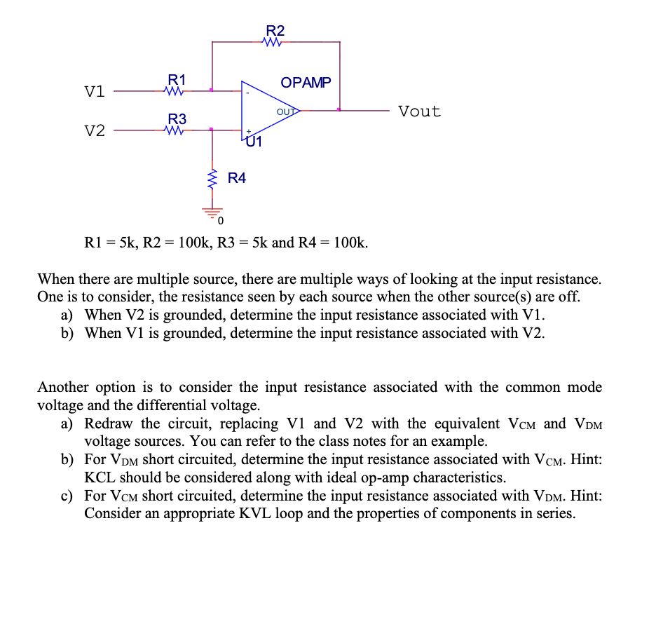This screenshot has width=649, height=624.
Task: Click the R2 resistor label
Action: pos(275,30)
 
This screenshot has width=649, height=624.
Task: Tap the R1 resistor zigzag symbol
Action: pos(173,90)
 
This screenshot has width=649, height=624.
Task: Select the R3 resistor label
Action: pos(177,117)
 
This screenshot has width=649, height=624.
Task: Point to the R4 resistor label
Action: pos(237,178)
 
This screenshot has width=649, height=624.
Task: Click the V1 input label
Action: pos(95,92)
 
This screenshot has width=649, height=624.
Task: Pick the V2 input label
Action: pos(95,131)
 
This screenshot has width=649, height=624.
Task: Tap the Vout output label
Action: pos(419,111)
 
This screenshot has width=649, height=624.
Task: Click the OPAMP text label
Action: pos(306,83)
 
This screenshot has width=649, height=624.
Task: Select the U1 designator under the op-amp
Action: pos(254,143)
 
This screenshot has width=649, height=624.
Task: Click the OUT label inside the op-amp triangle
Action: pos(285,111)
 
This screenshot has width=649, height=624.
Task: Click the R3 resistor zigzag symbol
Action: pos(173,130)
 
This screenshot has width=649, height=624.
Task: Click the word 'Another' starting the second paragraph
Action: pos(64,387)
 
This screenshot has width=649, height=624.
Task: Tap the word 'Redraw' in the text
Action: pos(110,423)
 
